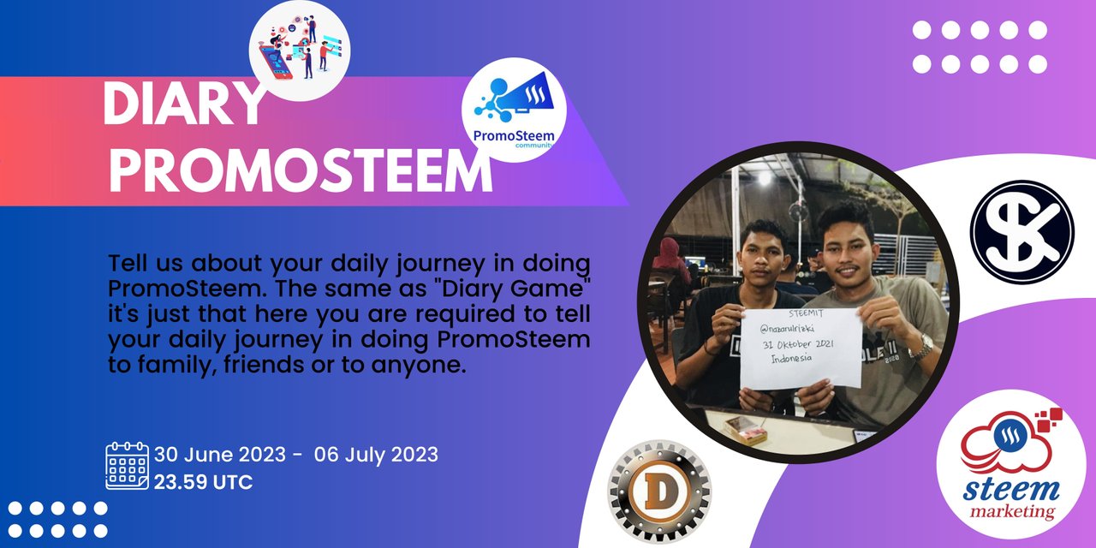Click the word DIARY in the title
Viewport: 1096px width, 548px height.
click(x=184, y=104)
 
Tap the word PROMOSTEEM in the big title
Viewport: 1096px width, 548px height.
click(x=301, y=171)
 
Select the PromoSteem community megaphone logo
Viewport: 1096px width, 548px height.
click(x=514, y=110)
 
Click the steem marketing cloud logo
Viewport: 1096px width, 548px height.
click(x=1011, y=464)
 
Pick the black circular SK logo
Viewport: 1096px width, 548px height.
click(x=1022, y=232)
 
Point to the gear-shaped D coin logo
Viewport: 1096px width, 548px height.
click(x=659, y=491)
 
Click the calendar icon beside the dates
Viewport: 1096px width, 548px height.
click(x=128, y=465)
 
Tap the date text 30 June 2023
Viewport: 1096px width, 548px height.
click(x=220, y=455)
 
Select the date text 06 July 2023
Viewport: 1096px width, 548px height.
click(x=376, y=455)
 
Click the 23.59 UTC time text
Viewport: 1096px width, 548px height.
click(x=204, y=482)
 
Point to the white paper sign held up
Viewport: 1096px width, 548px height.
click(x=801, y=348)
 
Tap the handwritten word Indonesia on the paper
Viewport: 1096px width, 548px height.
click(x=791, y=359)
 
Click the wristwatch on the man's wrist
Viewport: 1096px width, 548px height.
click(x=922, y=347)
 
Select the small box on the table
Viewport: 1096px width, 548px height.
click(x=745, y=430)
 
